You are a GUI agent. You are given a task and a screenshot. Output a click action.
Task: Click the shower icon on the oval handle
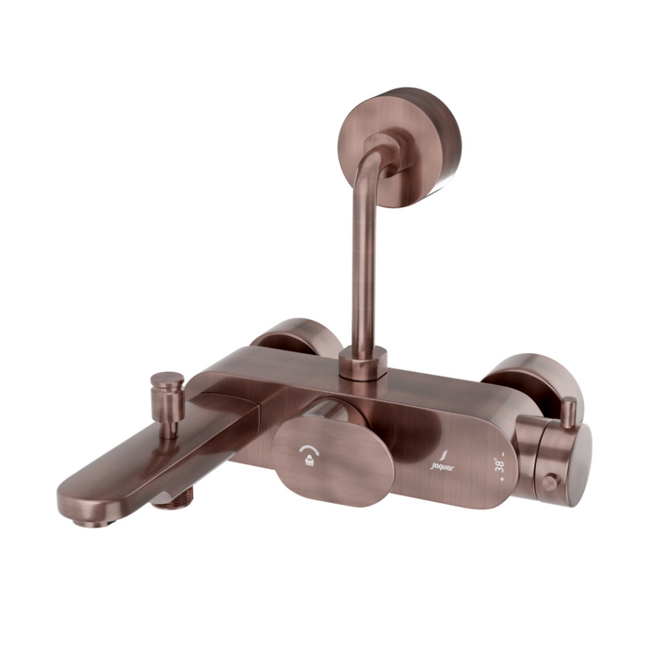click(305, 461)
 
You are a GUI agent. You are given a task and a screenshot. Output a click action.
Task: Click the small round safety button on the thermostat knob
click(550, 483)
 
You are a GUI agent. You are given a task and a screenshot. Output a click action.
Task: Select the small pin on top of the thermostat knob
click(569, 411)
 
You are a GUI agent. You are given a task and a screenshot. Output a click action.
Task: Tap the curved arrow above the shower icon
click(305, 451)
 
